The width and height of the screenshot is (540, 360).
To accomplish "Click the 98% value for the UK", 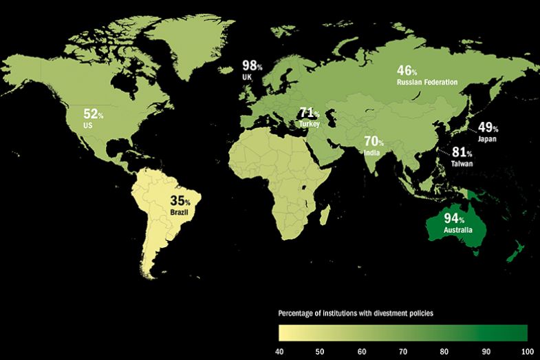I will coord(251,66).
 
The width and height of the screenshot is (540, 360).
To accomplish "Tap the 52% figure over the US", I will coord(91,114).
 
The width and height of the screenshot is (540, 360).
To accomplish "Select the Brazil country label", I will coord(179,213).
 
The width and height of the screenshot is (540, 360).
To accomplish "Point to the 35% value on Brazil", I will coord(180,202).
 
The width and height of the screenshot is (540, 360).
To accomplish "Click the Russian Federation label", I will coord(427,82).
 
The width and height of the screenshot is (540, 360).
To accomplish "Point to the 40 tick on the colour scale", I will coord(279,350).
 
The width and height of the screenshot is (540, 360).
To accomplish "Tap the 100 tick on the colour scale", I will coord(527,350).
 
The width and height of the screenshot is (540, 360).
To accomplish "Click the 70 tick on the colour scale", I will coord(403,350).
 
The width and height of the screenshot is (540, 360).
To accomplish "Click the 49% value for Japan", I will coord(488,128).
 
